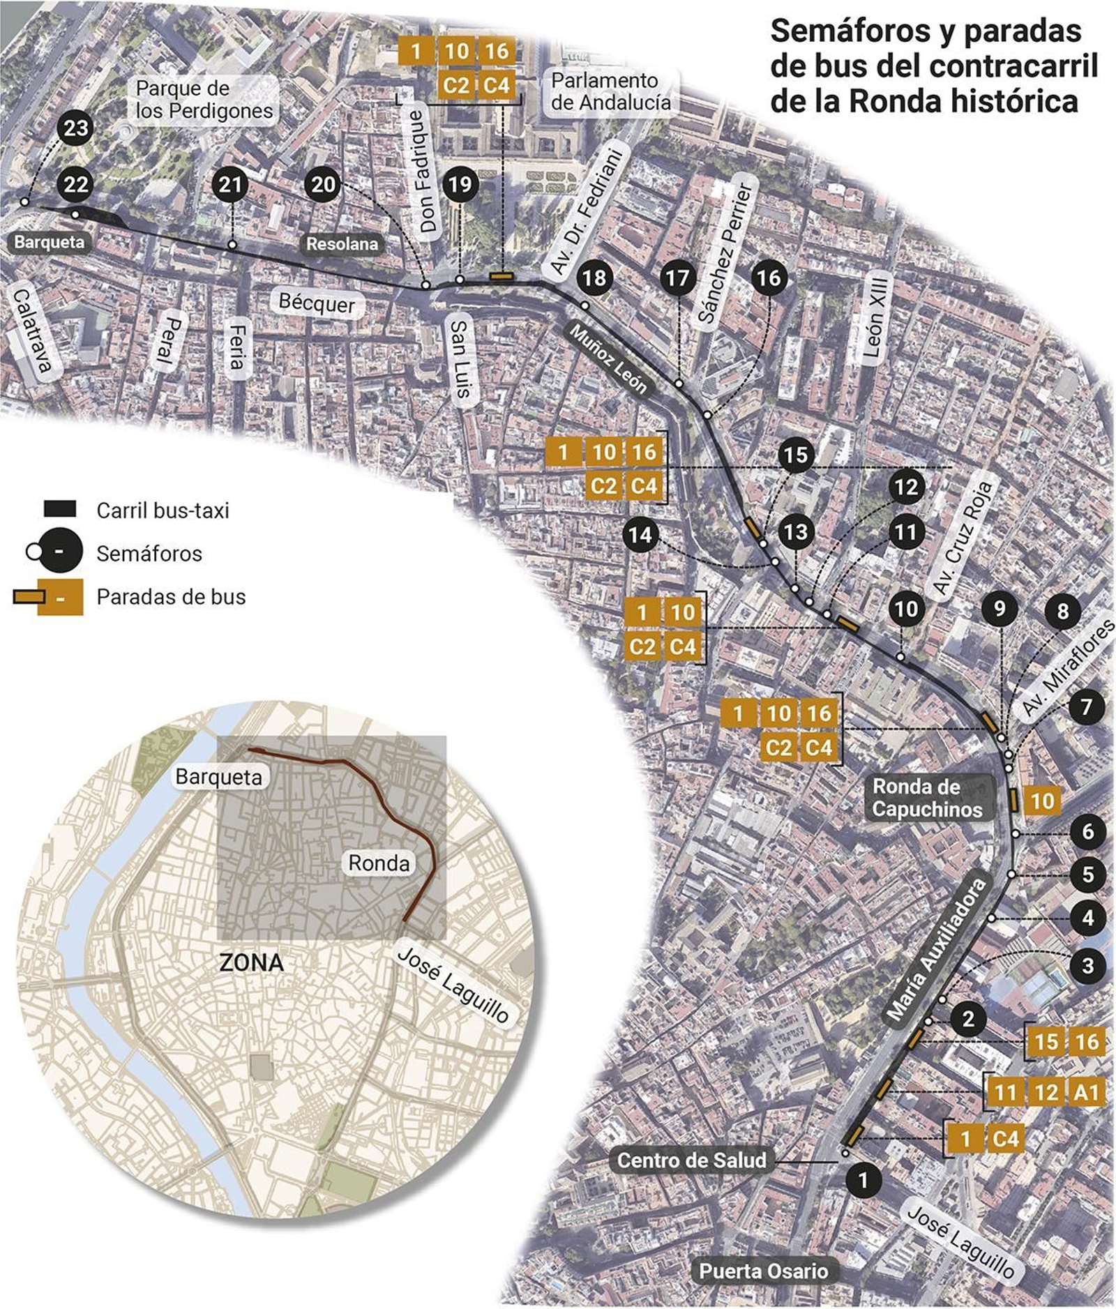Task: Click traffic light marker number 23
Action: [75, 128]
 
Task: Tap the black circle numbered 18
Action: [594, 278]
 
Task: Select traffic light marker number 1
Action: [863, 1180]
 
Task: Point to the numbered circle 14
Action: [640, 535]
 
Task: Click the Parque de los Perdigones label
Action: [204, 99]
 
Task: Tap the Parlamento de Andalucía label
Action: [610, 91]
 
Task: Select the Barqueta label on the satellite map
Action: [49, 242]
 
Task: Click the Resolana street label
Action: [342, 243]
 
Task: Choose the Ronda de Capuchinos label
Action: [926, 797]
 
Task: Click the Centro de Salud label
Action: [691, 1160]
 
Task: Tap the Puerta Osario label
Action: [763, 1271]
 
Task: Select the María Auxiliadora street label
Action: [937, 949]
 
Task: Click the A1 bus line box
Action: [1086, 1091]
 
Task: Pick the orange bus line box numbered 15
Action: [1046, 1042]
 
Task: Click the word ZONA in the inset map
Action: [251, 962]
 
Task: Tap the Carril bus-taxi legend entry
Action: [163, 510]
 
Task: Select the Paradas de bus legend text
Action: [171, 597]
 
